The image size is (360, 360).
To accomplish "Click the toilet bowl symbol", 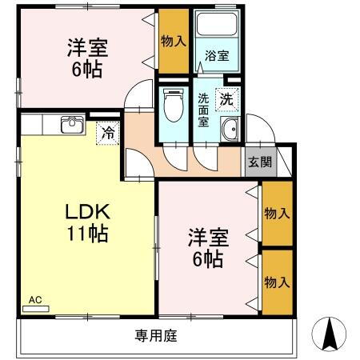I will (x=173, y=103).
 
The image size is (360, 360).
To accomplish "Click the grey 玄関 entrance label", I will (x=259, y=163).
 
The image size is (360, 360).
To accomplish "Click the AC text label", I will (x=34, y=300).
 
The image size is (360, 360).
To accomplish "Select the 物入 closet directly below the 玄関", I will (x=276, y=214).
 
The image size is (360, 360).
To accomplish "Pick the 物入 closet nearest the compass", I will (x=276, y=282).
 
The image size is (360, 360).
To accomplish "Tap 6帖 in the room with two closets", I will (x=207, y=259).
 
